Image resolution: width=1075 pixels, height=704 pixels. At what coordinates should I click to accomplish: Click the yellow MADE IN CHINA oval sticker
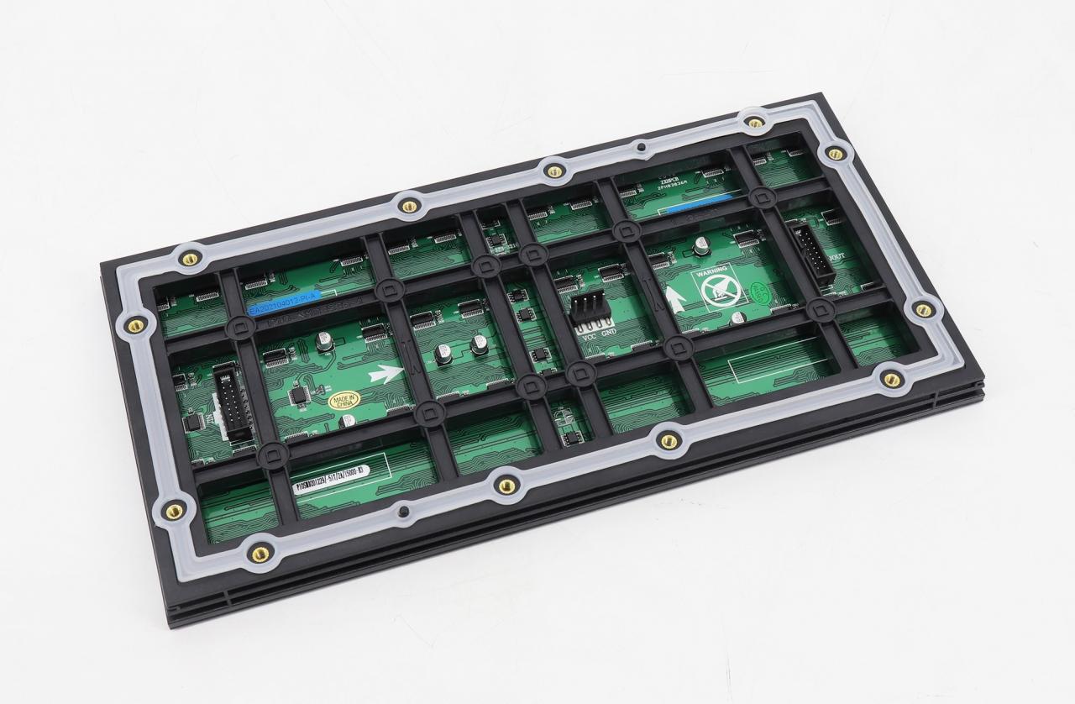pos(343,399)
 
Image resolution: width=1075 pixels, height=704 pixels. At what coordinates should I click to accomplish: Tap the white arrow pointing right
pos(384,372)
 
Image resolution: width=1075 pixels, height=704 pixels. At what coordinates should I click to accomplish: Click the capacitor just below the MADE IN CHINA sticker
pos(347,420)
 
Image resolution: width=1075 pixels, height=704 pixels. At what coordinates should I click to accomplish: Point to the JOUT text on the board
pos(837,258)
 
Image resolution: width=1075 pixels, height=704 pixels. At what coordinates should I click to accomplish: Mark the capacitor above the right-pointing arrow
pos(324,341)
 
